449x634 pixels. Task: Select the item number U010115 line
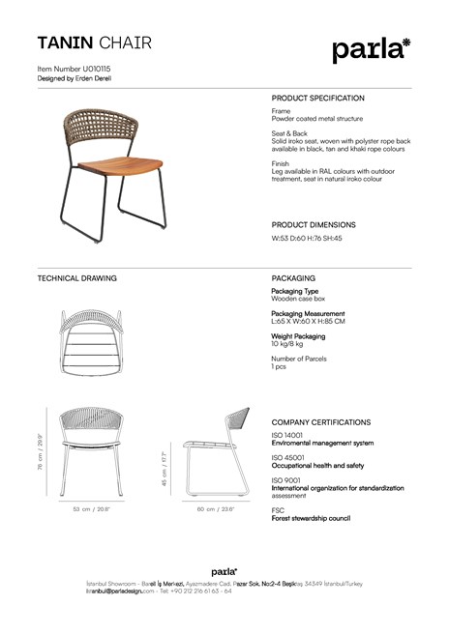point(74,71)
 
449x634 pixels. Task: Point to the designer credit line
point(74,79)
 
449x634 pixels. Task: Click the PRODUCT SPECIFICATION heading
point(318,99)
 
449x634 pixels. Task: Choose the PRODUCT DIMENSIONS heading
point(314,224)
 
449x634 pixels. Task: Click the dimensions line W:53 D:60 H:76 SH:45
point(307,238)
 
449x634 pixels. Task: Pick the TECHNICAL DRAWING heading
point(76,278)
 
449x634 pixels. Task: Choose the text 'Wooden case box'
point(298,300)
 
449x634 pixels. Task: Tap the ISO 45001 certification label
point(288,457)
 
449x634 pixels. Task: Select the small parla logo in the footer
point(224,572)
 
